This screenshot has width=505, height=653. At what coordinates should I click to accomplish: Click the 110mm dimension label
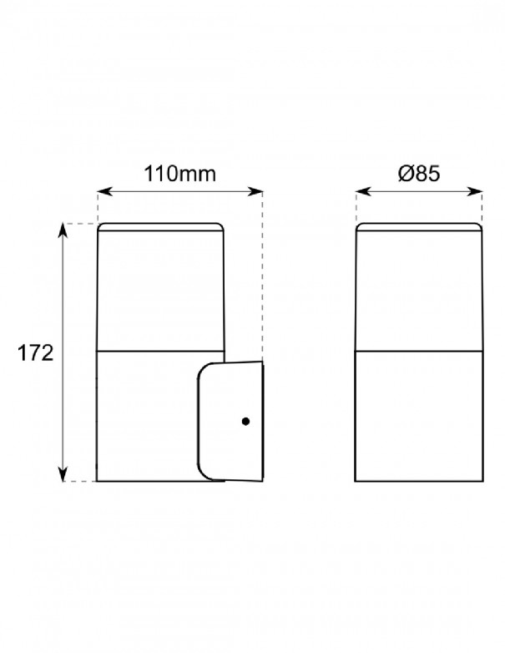point(179,174)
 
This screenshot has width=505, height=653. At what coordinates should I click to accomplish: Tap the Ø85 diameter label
point(419,173)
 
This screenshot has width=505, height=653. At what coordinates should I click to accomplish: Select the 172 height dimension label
point(35,353)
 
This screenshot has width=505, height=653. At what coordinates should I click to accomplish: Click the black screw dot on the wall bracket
point(245,422)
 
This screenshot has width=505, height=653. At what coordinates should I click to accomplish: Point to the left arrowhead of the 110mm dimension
point(105,191)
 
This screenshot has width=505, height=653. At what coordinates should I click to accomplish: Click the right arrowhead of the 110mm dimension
point(255,191)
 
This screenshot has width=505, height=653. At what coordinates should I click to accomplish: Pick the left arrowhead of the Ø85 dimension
point(363,191)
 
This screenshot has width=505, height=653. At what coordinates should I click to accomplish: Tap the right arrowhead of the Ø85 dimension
point(475,191)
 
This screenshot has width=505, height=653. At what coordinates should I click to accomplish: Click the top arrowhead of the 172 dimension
point(63,230)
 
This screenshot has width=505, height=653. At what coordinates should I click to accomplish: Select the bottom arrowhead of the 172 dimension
point(63,474)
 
